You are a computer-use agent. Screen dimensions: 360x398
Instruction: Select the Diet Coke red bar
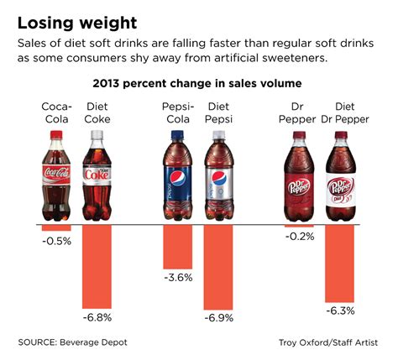[x=97, y=267]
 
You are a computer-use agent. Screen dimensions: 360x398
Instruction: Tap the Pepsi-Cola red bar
[x=178, y=247]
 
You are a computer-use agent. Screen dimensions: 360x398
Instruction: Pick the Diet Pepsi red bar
[x=220, y=268]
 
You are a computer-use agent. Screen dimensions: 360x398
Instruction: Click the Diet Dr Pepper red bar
[x=342, y=263]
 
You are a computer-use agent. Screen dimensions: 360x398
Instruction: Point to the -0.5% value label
[x=56, y=241]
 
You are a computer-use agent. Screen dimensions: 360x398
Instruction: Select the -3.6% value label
[x=178, y=277]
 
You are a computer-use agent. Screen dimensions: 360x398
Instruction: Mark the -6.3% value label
[x=342, y=310]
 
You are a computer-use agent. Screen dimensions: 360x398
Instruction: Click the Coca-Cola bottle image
[x=56, y=179]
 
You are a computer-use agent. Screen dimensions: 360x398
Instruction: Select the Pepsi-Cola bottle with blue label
[x=178, y=179]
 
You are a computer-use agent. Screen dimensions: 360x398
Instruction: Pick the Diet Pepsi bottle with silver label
[x=219, y=179]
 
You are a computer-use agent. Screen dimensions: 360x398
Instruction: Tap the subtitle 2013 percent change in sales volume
[x=199, y=84]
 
